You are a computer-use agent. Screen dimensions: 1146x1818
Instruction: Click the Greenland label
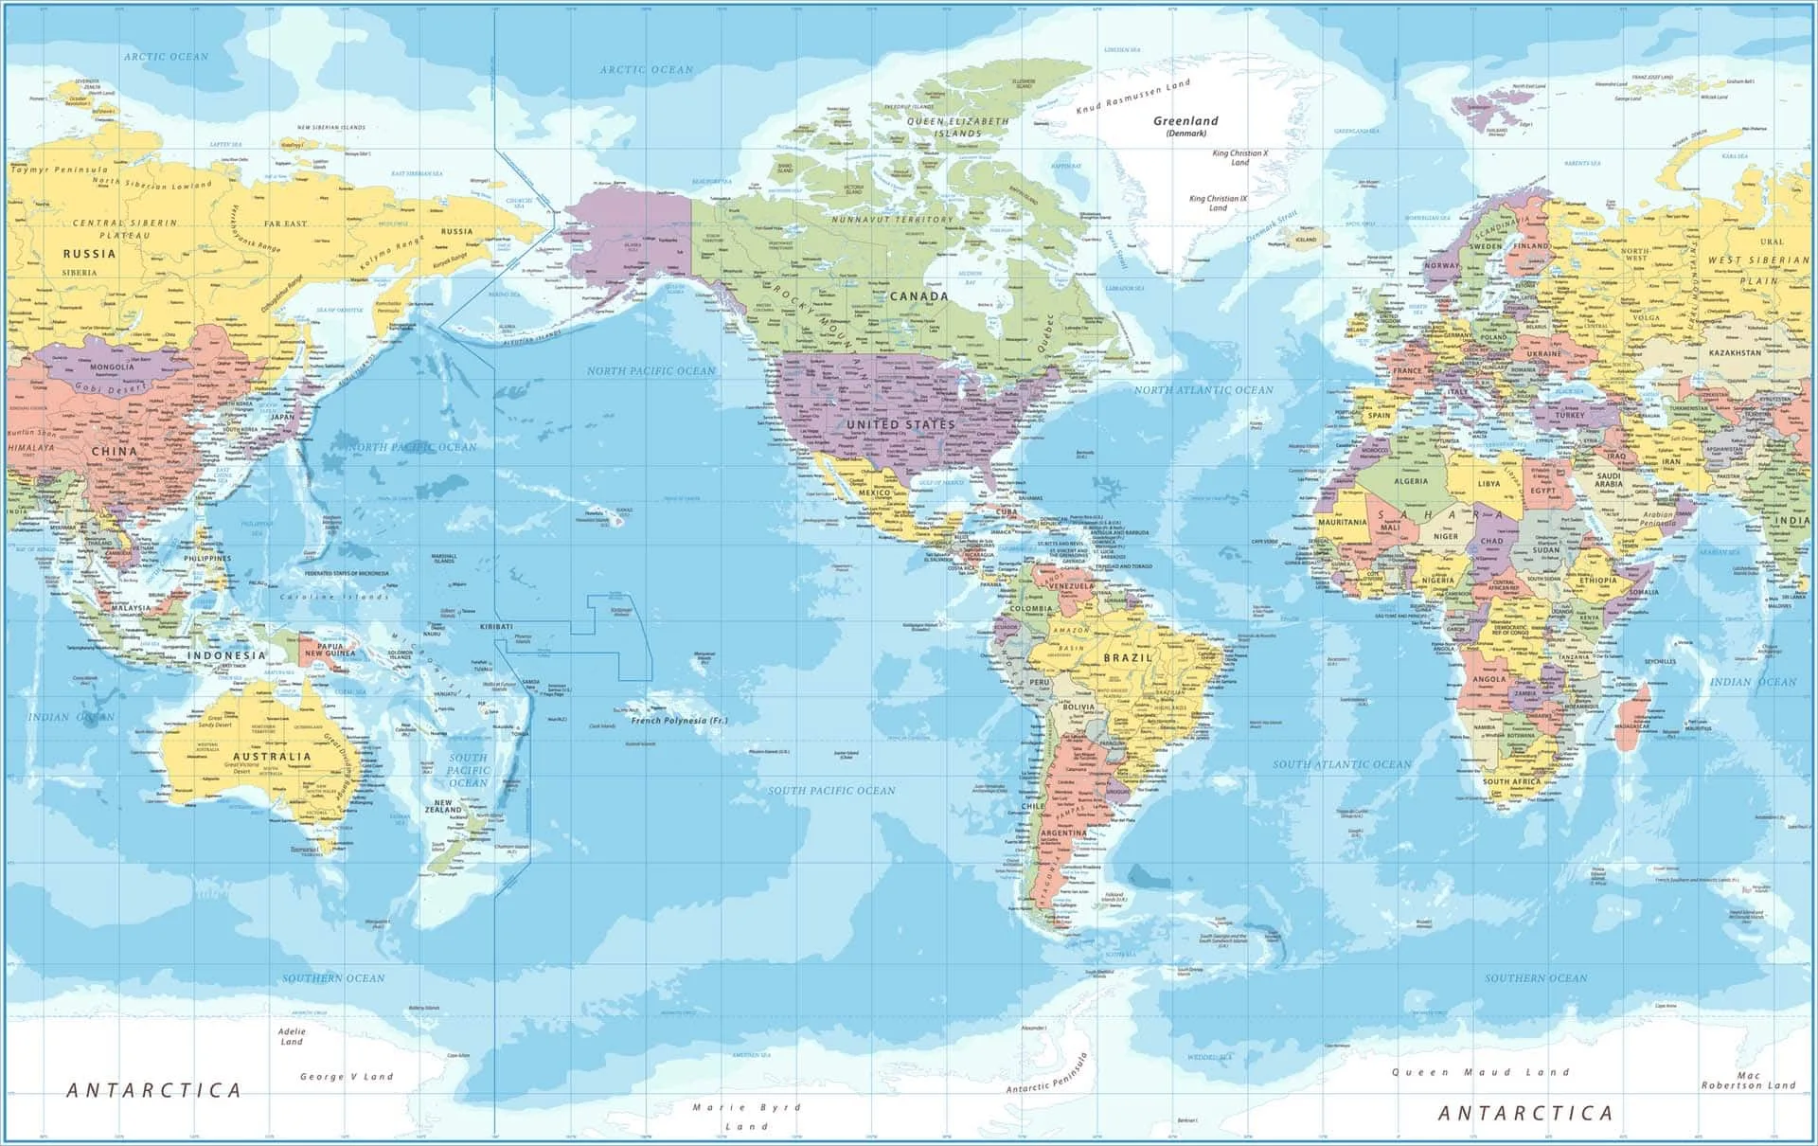tap(1185, 121)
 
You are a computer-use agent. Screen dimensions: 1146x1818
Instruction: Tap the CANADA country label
tap(918, 296)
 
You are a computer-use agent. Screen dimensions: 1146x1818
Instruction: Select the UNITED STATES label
tap(900, 425)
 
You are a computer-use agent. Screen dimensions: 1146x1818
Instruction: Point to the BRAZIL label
tap(1128, 657)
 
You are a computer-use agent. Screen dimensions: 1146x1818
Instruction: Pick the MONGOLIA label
tap(112, 367)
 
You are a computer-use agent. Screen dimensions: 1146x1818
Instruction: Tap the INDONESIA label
tap(226, 655)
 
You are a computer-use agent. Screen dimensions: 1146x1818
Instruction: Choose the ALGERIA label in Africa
tap(1411, 481)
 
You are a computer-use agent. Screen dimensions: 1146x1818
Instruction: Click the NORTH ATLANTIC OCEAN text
tap(1203, 390)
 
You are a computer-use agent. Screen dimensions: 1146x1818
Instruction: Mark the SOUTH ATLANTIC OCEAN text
tap(1341, 764)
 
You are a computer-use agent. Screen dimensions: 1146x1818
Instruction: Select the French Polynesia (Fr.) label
tap(679, 721)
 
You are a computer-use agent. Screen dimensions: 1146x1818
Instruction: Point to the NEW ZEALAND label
tap(443, 806)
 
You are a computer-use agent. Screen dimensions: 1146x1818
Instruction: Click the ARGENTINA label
tap(1063, 833)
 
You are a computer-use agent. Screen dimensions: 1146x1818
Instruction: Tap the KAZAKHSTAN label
tap(1735, 353)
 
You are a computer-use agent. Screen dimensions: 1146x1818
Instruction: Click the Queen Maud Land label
tap(1480, 1072)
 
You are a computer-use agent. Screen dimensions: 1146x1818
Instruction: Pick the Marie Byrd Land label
tap(747, 1116)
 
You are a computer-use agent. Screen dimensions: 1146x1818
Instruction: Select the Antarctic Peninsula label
tap(1046, 1075)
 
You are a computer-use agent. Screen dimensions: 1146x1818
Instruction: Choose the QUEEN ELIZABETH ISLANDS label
tap(958, 127)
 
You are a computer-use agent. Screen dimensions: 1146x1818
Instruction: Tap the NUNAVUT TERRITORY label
tap(892, 220)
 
